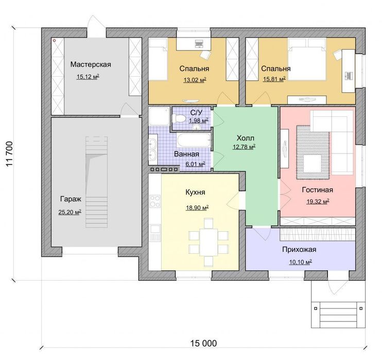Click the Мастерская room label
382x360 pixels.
pos(91,64)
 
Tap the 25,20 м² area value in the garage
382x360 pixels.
pos(70,212)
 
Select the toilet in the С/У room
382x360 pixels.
pos(179,118)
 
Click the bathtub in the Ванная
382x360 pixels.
pos(194,140)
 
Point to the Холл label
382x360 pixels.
pos(246,138)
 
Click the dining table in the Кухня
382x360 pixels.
pos(209,242)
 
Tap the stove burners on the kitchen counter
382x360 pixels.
pos(155,201)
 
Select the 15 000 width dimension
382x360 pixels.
pos(203,343)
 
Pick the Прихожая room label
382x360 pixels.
pos(299,249)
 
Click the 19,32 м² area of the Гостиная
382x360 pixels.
pos(318,201)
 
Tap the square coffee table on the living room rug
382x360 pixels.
pos(312,164)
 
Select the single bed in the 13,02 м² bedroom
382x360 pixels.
pos(158,59)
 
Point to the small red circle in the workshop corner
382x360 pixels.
pos(55,41)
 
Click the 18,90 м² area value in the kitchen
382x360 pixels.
pos(197,208)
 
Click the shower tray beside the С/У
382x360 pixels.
pos(159,116)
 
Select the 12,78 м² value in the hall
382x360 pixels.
pos(244,147)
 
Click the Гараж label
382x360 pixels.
pos(71,199)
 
